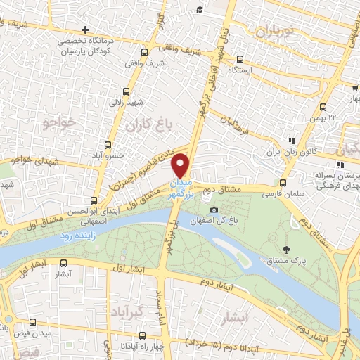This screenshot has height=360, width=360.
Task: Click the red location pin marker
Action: point(181,165)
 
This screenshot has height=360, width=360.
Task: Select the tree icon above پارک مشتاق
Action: point(286,250)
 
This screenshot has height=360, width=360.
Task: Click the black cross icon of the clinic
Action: point(85,30)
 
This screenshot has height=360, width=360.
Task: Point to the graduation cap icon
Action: point(200,10)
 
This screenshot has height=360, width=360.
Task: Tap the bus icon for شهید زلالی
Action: point(126,91)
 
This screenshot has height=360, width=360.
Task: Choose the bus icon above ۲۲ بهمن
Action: point(323,108)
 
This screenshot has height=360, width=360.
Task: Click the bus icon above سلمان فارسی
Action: point(283,181)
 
